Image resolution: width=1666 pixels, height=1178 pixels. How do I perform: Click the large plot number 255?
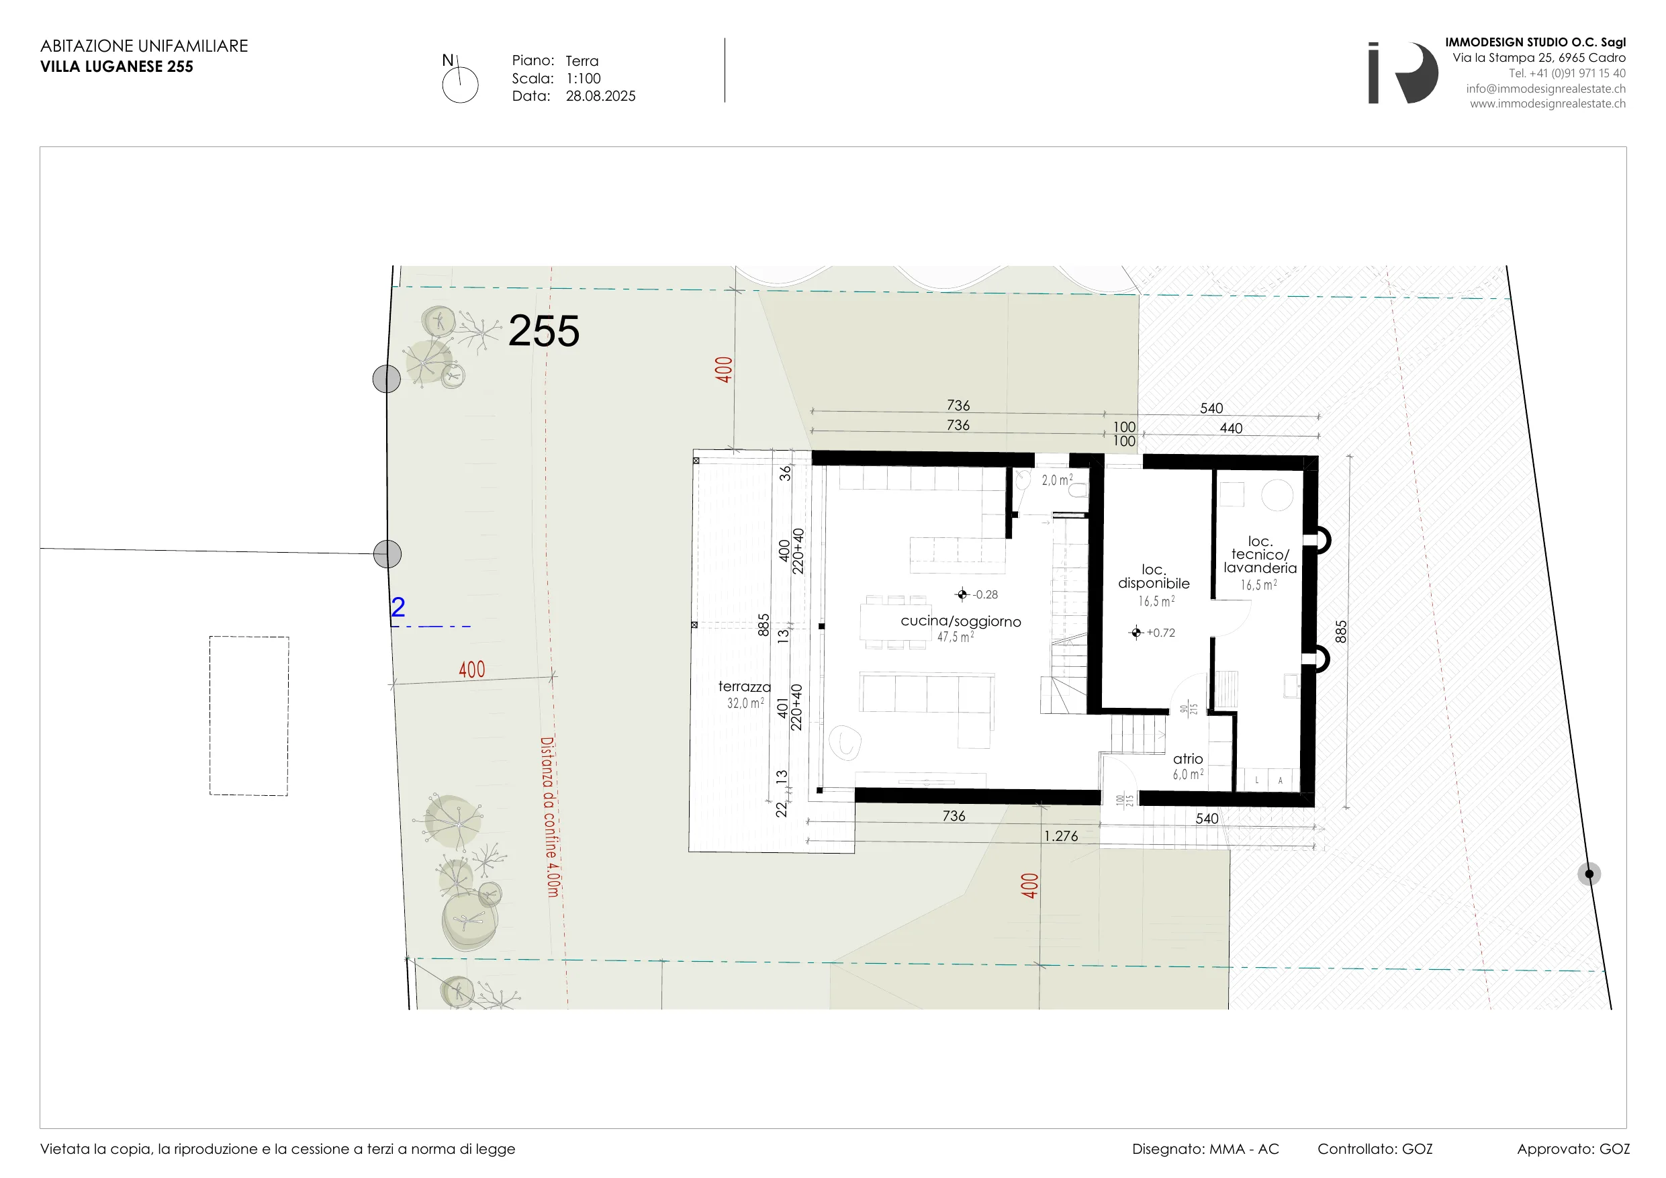tap(543, 332)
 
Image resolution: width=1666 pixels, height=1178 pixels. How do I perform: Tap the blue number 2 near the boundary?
tap(398, 606)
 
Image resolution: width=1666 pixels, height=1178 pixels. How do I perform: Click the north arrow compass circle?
tap(460, 85)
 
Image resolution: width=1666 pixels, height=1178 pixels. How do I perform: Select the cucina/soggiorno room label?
tap(961, 621)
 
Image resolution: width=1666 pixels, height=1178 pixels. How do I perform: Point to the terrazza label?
tap(745, 686)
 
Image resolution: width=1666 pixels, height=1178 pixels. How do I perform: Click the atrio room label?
tap(1188, 758)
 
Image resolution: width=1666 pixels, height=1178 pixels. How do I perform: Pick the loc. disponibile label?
tap(1154, 576)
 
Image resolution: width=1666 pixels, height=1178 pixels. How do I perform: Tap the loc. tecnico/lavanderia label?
tap(1260, 555)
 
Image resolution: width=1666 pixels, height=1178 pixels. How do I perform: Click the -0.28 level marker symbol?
tap(962, 594)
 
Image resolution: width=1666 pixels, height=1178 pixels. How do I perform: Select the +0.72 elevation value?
tap(1161, 633)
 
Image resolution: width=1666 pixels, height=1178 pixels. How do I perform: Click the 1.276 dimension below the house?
tap(1061, 836)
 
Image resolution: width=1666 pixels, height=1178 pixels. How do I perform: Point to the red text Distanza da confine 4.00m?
tap(550, 817)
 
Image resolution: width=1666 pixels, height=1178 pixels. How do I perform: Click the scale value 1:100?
tap(584, 79)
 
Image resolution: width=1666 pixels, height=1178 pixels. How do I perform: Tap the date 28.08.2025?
tap(601, 96)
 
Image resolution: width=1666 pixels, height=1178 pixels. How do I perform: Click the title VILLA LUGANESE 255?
tap(117, 66)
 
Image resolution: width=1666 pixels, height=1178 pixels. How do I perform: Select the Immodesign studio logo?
tap(1403, 73)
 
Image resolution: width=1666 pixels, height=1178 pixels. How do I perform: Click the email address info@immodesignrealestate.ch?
tap(1546, 89)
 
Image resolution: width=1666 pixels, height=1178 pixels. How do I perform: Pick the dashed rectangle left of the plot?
tap(249, 716)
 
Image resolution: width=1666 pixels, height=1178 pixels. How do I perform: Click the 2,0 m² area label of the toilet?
tap(1057, 480)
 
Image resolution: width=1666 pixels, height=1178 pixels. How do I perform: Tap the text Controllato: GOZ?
tap(1375, 1149)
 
